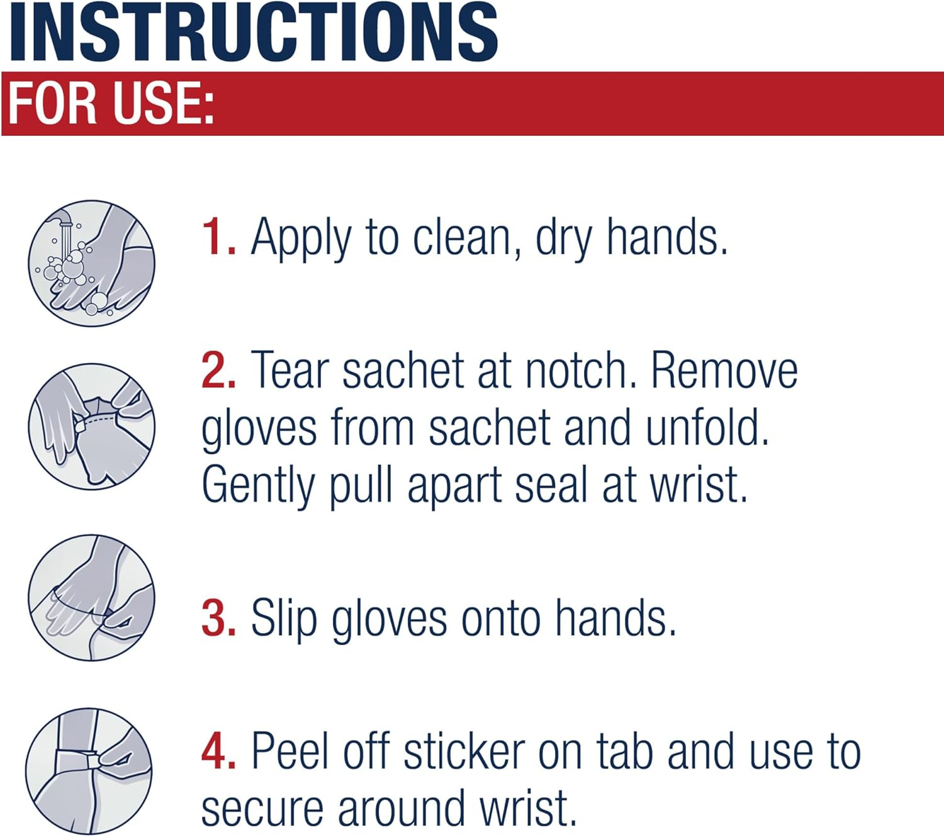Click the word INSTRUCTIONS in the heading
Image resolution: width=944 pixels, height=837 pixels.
(x=254, y=33)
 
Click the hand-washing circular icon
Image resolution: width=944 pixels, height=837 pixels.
(x=91, y=263)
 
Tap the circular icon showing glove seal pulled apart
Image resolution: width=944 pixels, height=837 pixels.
(x=91, y=426)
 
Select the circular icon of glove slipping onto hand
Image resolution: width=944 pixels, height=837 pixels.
(x=91, y=597)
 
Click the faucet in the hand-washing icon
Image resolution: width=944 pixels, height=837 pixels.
(x=62, y=217)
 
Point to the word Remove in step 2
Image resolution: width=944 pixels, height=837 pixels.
(x=724, y=371)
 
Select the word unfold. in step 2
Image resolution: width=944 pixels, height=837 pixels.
(x=707, y=428)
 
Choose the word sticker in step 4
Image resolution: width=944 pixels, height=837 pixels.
(x=464, y=751)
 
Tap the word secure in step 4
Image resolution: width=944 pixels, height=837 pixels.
(x=262, y=809)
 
